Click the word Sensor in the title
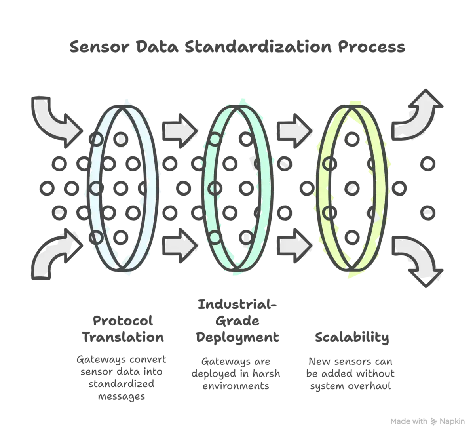(x=100, y=47)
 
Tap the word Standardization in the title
(x=258, y=46)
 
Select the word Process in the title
(x=372, y=47)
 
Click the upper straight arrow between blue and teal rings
(x=180, y=131)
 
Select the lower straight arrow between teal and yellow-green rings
(x=294, y=246)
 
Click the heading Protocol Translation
(x=123, y=329)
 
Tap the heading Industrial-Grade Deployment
(x=237, y=321)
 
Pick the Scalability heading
(x=352, y=337)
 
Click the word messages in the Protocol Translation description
(x=121, y=396)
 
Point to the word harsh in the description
(x=266, y=374)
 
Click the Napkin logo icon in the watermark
(x=433, y=421)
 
